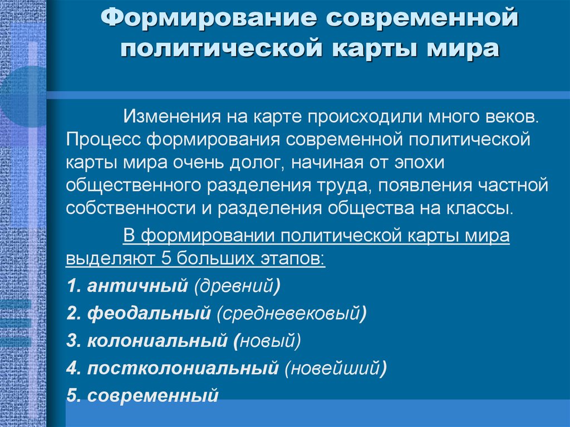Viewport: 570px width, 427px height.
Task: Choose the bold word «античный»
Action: tap(137, 287)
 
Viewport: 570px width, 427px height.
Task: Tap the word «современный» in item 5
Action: tap(152, 395)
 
